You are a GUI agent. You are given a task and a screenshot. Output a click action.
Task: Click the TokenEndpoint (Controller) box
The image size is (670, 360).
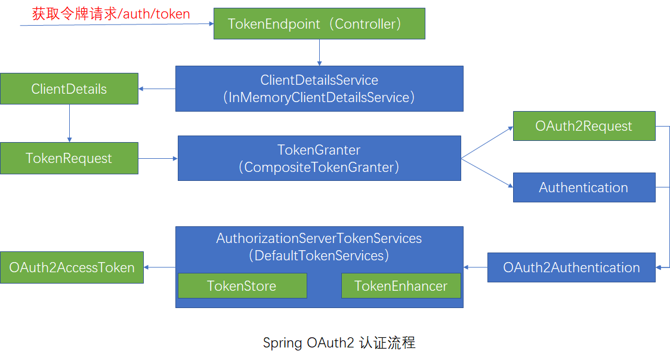pos(319,24)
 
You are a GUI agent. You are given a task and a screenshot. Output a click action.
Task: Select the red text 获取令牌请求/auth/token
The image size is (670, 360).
pos(111,14)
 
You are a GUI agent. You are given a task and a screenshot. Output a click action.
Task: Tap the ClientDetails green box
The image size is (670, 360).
pos(69,89)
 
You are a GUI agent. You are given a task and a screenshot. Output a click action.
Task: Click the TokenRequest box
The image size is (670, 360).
pos(69,158)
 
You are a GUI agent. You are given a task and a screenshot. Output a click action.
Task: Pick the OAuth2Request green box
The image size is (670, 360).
pos(583,126)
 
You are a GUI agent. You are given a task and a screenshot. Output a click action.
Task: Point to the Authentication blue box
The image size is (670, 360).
pos(583,187)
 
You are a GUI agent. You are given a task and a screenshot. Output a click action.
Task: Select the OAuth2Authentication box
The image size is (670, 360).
pos(571,267)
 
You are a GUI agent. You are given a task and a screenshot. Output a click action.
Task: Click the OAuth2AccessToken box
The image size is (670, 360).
pos(72,267)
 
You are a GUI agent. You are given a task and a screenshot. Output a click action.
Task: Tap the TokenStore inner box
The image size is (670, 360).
pos(242,286)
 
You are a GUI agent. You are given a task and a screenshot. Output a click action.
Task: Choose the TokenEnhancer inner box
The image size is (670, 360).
pos(400,286)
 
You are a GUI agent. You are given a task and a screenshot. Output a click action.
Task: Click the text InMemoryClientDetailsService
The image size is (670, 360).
pos(319,97)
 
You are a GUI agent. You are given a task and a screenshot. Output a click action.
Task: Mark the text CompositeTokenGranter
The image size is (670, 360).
pos(319,167)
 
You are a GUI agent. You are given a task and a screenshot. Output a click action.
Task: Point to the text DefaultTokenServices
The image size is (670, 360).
pos(319,256)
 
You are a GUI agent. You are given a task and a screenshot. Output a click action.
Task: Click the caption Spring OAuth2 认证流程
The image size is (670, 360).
pos(339,343)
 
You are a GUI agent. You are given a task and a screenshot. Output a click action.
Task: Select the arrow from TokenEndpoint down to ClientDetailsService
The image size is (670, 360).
pos(320,53)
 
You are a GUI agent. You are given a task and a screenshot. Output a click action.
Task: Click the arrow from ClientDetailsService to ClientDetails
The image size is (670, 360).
pos(157,89)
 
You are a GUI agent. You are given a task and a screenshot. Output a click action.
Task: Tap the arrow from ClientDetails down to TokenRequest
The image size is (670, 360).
pos(69,124)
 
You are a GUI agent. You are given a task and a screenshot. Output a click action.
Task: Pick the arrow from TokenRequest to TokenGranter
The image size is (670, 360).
pos(158,158)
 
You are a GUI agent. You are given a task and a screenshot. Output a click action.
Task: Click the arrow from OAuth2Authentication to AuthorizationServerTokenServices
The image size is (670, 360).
pos(476,267)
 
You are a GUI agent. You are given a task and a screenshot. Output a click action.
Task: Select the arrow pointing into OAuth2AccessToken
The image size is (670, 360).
pos(159,267)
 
